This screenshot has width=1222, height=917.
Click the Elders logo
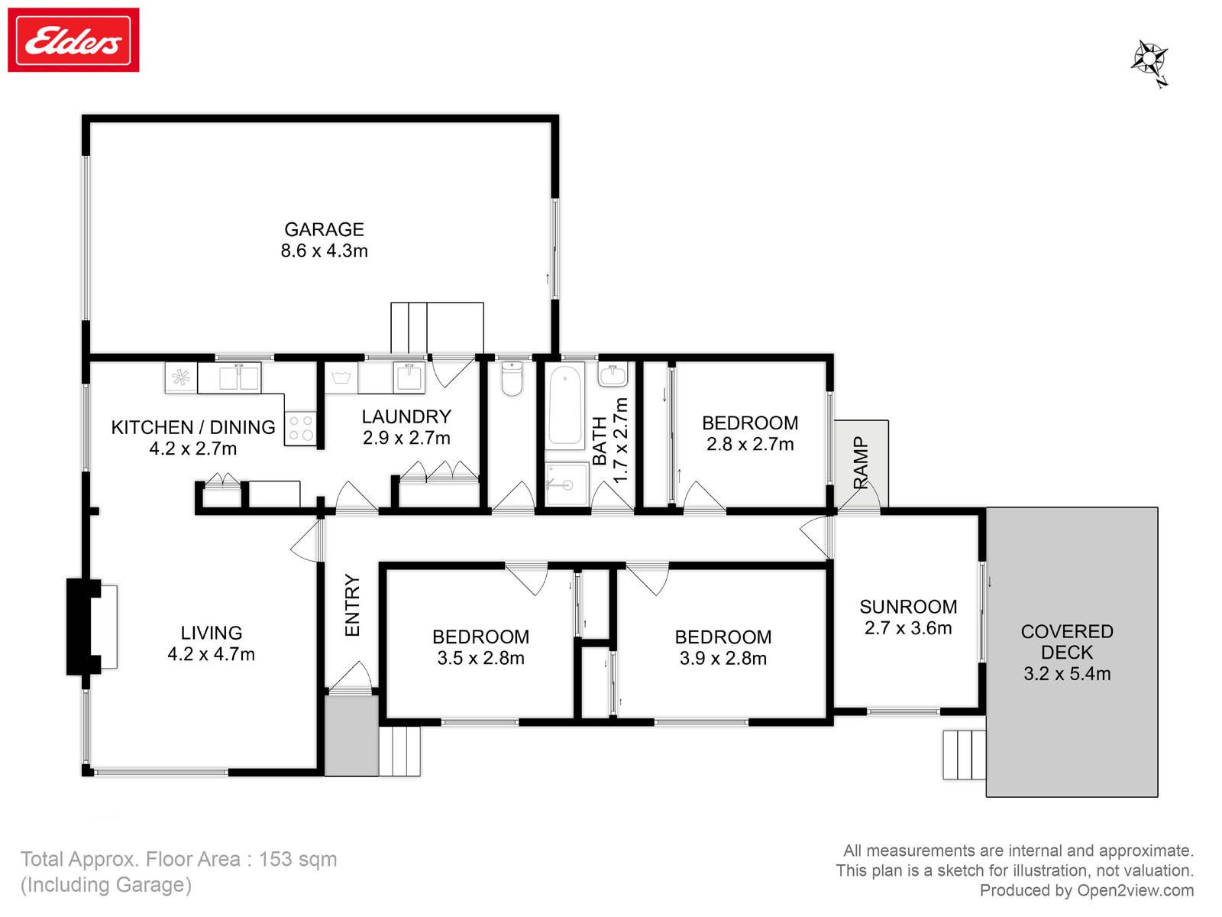pyautogui.click(x=73, y=40)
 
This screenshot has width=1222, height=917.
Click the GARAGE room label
pyautogui.click(x=324, y=229)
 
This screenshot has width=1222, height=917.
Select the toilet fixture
pyautogui.click(x=512, y=378)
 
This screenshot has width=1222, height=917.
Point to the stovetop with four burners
pyautogui.click(x=301, y=428)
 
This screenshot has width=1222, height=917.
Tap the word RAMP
pyautogui.click(x=860, y=462)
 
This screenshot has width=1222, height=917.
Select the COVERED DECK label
pyautogui.click(x=1067, y=641)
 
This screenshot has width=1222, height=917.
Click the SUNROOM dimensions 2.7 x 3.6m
pyautogui.click(x=908, y=628)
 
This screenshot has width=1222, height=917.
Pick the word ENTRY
pyautogui.click(x=352, y=605)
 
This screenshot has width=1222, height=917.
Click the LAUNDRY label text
pyautogui.click(x=406, y=416)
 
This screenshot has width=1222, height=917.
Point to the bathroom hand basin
pyautogui.click(x=613, y=374)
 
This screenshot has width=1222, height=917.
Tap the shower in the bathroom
pyautogui.click(x=567, y=484)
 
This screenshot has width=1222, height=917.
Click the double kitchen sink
pyautogui.click(x=239, y=378)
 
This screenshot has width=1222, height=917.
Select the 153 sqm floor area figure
pyautogui.click(x=298, y=859)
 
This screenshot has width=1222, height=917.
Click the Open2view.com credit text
pyautogui.click(x=1135, y=890)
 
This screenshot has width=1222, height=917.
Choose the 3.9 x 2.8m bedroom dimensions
pyautogui.click(x=723, y=659)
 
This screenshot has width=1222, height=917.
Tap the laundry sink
pyautogui.click(x=409, y=377)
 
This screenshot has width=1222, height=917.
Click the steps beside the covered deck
pyautogui.click(x=965, y=755)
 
